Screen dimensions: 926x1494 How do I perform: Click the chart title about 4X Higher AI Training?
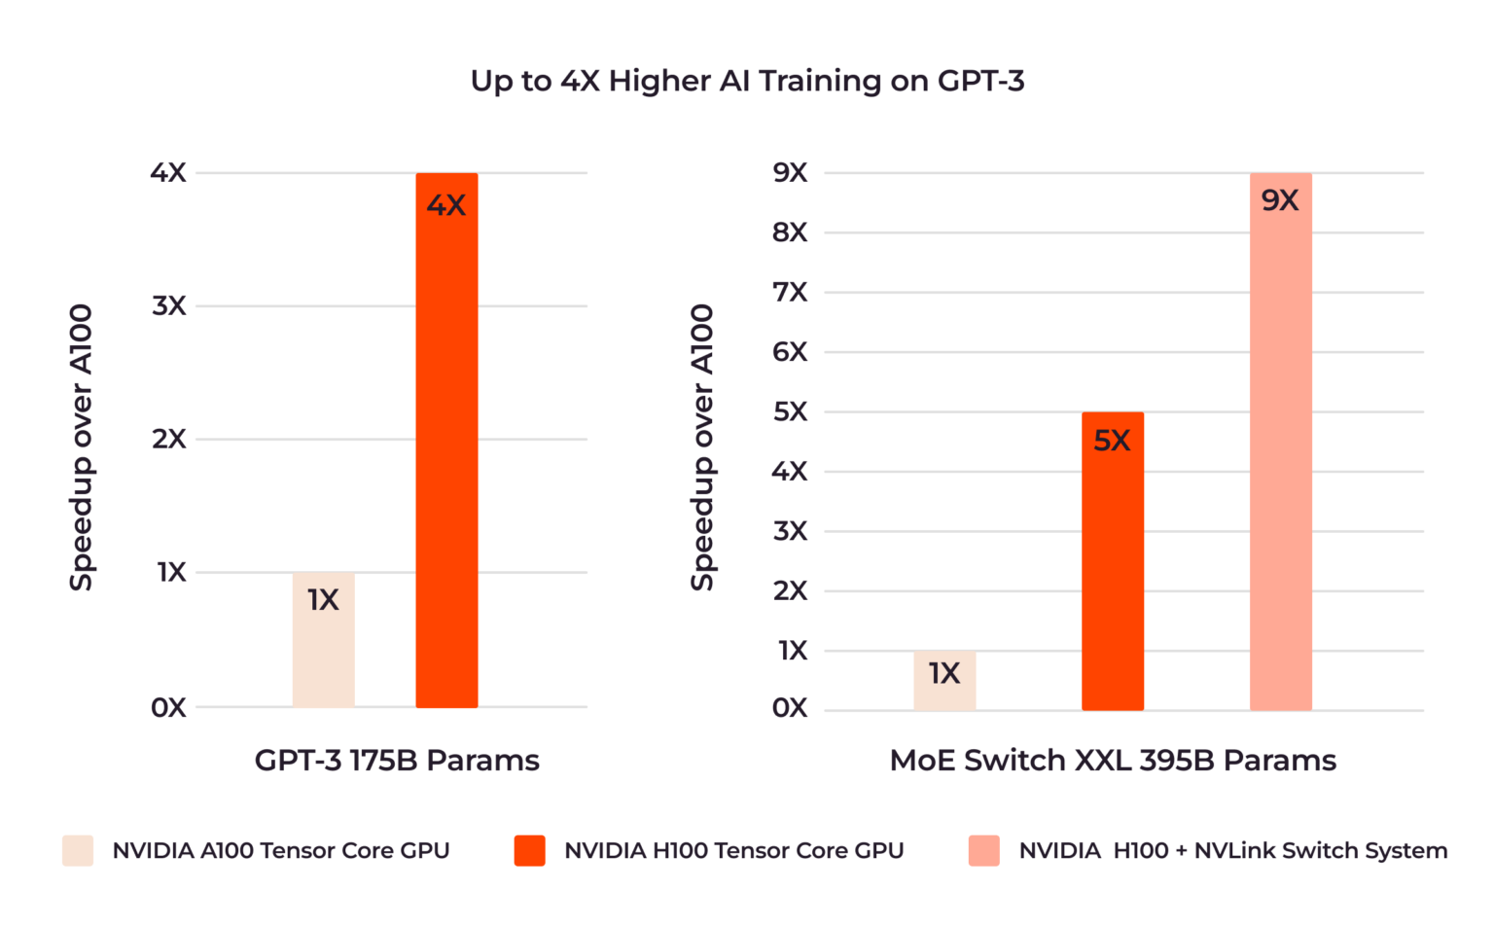click(747, 81)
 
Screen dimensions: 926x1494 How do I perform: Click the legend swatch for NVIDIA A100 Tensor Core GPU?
click(78, 850)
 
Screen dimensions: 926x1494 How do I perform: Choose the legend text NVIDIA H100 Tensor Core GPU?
click(733, 850)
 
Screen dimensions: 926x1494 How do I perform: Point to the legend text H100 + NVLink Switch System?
click(1232, 850)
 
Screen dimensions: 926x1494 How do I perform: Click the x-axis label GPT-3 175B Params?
click(397, 760)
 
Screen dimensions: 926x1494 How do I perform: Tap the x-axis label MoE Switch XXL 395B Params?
click(1113, 760)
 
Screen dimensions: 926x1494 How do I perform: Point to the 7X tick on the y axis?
click(790, 292)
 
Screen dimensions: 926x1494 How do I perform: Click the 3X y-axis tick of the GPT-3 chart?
click(168, 305)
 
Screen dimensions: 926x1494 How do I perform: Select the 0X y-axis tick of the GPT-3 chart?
click(168, 707)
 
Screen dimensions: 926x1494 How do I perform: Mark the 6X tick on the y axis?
click(790, 352)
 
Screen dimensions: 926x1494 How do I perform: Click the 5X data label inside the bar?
click(1112, 441)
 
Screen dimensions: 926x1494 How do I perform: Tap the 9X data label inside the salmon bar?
click(1280, 200)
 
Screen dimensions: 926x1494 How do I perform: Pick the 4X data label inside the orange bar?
click(446, 205)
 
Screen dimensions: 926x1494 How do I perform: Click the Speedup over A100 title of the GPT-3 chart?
click(81, 447)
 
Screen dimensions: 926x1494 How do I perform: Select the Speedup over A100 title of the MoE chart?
click(701, 447)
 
